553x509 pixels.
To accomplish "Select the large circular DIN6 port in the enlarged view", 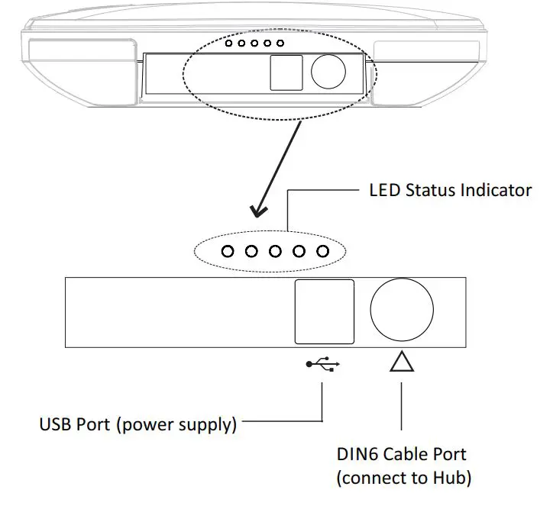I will click(x=401, y=311).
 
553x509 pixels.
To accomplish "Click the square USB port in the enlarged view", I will click(x=325, y=311).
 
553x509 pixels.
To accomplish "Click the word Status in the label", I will click(x=433, y=190).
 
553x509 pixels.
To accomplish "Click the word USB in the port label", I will click(x=56, y=424).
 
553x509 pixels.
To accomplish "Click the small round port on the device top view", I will click(x=328, y=72).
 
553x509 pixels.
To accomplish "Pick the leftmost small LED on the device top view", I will click(x=228, y=43).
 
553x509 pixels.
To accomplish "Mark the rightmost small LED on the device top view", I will click(x=280, y=43).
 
